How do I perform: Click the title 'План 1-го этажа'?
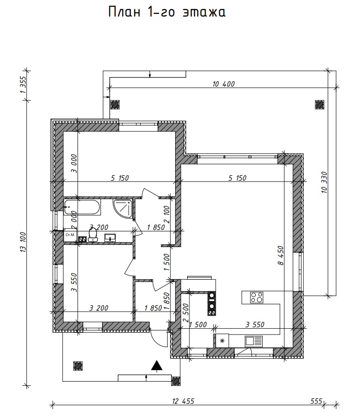click(167, 12)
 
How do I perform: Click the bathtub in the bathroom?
click(82, 207)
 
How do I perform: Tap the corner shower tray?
click(123, 209)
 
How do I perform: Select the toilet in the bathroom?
click(93, 235)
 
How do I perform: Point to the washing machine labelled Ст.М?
click(70, 235)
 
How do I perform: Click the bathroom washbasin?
click(110, 237)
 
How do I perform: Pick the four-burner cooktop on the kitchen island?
click(257, 297)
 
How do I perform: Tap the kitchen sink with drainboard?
click(254, 341)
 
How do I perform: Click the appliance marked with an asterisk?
click(222, 341)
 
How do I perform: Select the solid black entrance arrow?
click(157, 366)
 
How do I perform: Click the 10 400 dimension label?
click(224, 84)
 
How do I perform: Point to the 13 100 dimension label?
click(23, 242)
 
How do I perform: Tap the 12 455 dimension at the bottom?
click(183, 401)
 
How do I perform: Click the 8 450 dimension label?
click(280, 255)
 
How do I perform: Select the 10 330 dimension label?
click(324, 183)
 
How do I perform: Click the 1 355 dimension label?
click(23, 85)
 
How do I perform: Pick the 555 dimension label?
click(317, 401)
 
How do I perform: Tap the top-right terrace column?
click(319, 105)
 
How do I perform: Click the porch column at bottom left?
click(78, 366)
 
